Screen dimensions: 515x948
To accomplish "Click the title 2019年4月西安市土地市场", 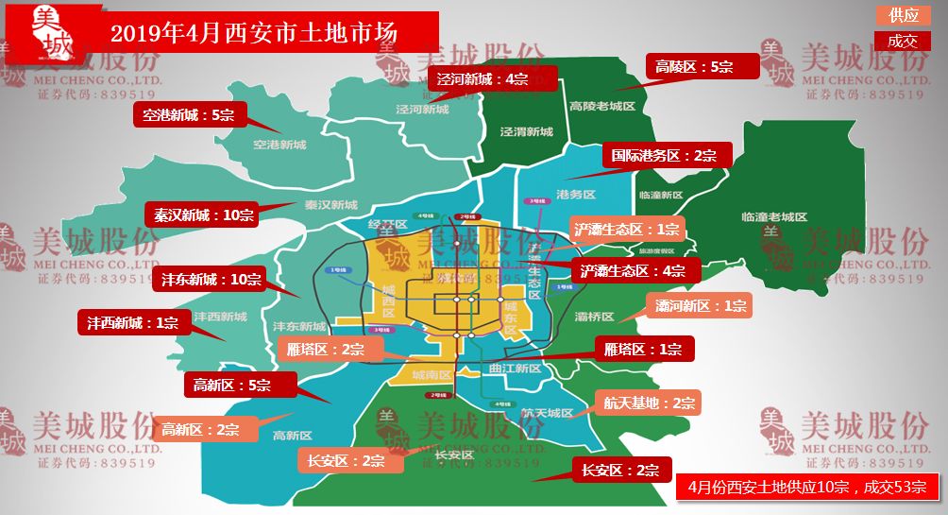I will click(253, 33).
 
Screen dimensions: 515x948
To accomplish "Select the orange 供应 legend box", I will click(903, 16).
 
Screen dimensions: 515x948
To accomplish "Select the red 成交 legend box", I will click(903, 41).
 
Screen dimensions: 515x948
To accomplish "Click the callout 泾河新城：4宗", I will click(482, 78).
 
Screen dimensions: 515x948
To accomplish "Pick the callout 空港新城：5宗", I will click(188, 115).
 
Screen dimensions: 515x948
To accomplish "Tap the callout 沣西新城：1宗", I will click(132, 323).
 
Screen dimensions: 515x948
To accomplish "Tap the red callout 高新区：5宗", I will click(230, 385).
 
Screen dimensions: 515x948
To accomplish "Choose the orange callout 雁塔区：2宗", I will click(325, 349).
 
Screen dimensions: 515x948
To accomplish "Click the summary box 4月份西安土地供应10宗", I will click(806, 487).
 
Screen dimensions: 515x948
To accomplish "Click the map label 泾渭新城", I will click(526, 131).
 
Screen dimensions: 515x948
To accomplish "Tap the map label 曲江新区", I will click(516, 369).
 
